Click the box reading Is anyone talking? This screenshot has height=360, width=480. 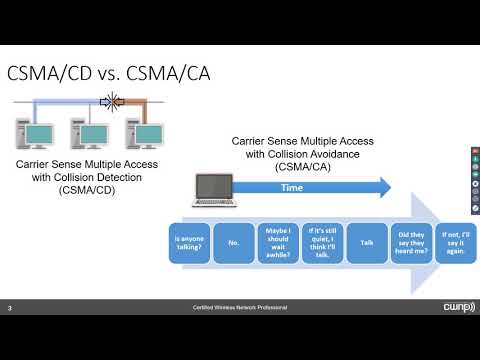[x=189, y=241]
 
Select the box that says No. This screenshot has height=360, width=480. [x=234, y=241]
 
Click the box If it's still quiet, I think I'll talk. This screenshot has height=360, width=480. [x=321, y=241]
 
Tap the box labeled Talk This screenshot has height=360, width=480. [x=366, y=241]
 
